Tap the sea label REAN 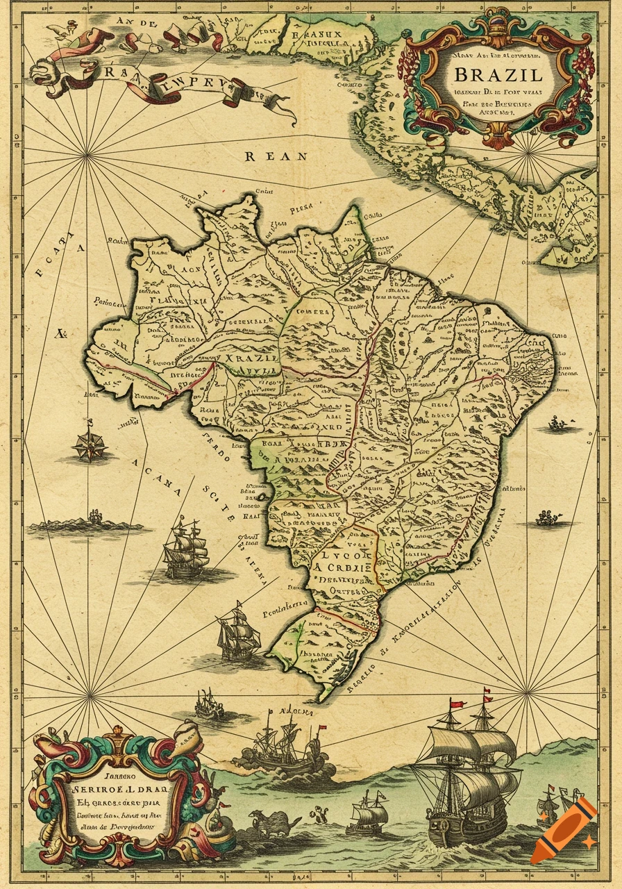tap(276, 156)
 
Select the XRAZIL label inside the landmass tap(251, 357)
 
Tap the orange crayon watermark tap(564, 831)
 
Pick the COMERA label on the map tap(312, 313)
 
